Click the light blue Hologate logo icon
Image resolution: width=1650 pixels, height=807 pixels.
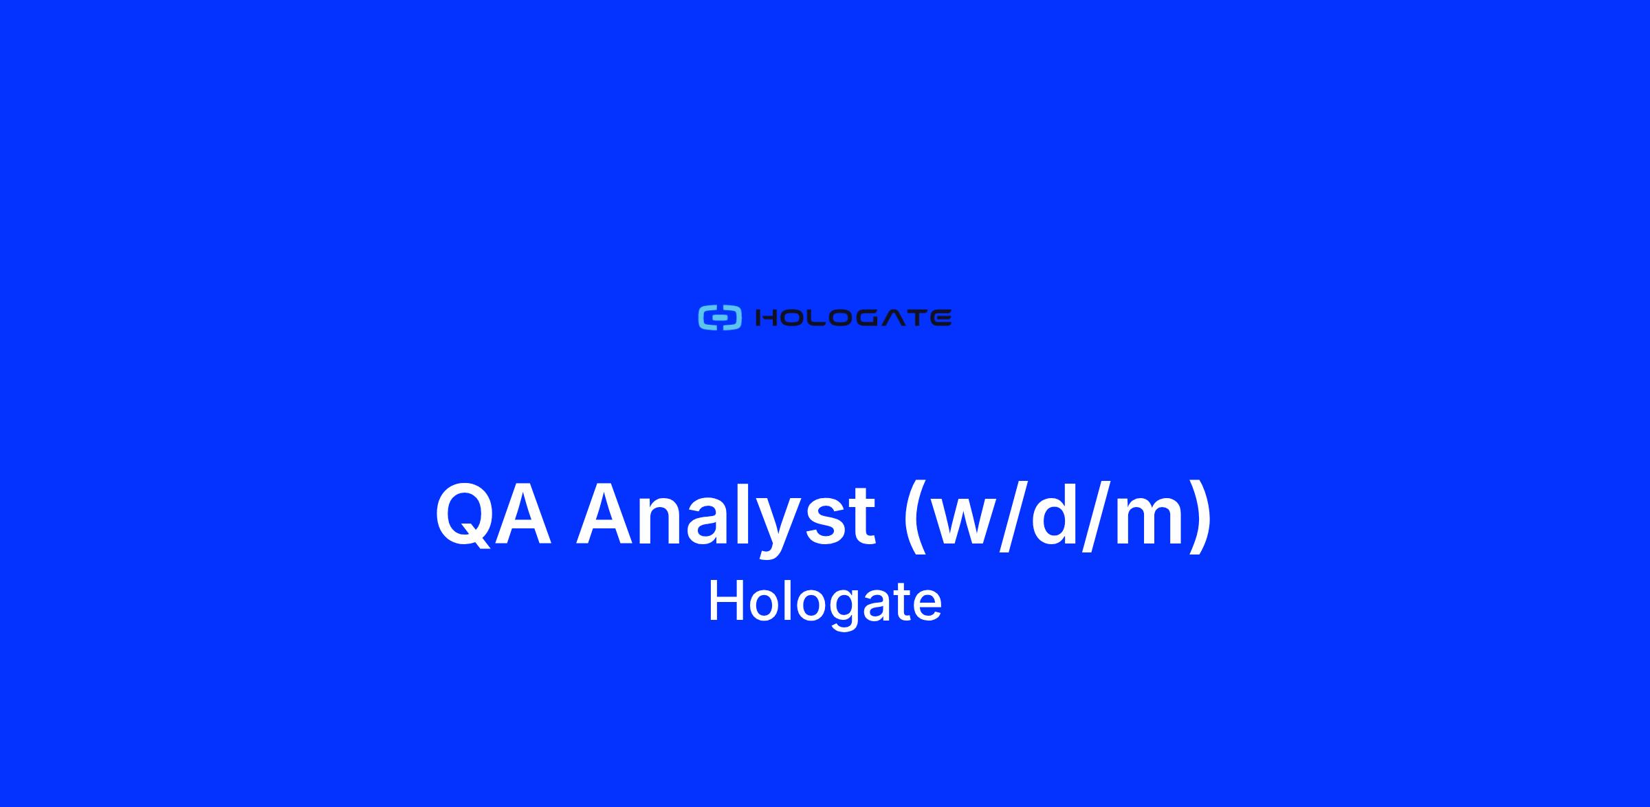tap(720, 318)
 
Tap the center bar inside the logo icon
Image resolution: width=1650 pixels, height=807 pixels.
tap(720, 318)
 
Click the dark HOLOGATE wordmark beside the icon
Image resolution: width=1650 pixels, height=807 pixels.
tap(853, 318)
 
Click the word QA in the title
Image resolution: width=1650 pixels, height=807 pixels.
tap(493, 515)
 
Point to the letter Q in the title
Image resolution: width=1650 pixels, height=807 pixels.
tap(464, 515)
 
